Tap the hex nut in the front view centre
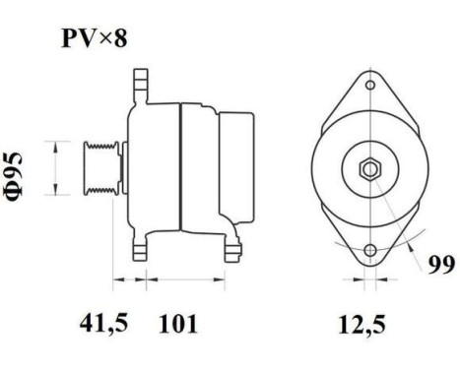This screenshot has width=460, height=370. [368, 168]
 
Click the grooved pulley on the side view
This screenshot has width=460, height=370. [107, 168]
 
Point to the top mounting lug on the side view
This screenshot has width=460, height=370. [139, 80]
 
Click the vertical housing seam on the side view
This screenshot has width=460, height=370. [180, 167]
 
